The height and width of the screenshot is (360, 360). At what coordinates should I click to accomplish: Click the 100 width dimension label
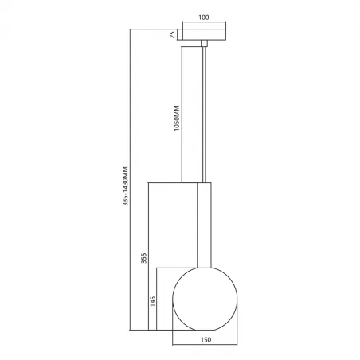pos(205,16)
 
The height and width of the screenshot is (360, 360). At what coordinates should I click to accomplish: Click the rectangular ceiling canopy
pos(205,33)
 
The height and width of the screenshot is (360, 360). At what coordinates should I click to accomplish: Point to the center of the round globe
pos(205,298)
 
